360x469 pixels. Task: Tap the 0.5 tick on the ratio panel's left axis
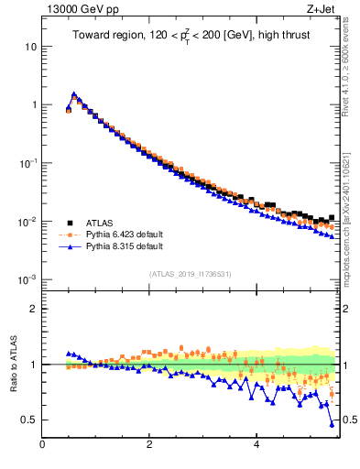pyautogui.click(x=29, y=420)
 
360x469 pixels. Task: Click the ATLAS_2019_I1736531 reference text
pyautogui.click(x=191, y=275)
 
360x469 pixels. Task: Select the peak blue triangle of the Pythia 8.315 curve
pyautogui.click(x=74, y=93)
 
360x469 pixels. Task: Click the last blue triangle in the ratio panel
pyautogui.click(x=332, y=424)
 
